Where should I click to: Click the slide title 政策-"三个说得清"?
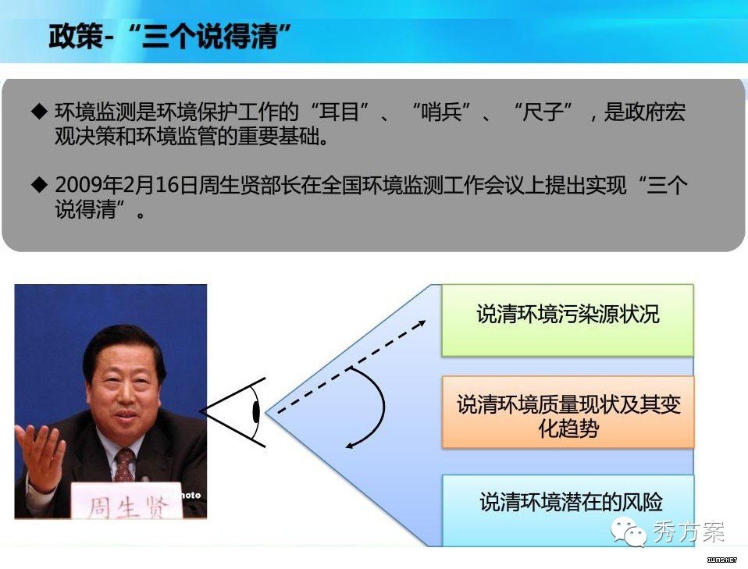point(170,36)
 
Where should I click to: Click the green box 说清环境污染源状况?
point(567,320)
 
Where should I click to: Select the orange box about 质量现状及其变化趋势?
point(568,412)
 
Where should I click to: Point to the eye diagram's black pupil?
point(256,412)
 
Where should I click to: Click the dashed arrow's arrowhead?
point(421,325)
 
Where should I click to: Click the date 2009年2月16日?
point(126,185)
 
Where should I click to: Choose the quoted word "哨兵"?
point(442,112)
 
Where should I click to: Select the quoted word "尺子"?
point(543,112)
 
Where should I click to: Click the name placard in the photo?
point(127,500)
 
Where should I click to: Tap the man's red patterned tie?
point(124,464)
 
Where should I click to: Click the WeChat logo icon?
point(629,531)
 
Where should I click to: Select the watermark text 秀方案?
point(688,532)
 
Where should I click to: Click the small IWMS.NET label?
point(721,560)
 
